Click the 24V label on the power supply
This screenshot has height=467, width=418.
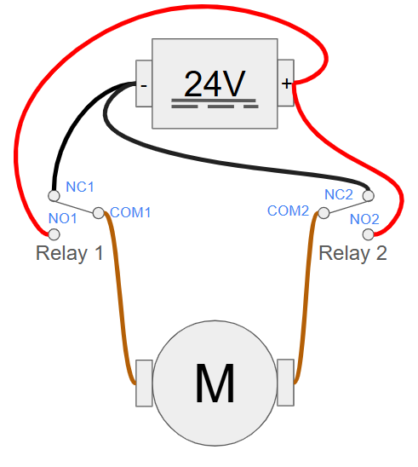pyautogui.click(x=215, y=84)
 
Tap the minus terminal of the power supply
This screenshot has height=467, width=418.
pyautogui.click(x=144, y=84)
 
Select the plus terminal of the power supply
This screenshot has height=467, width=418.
pyautogui.click(x=286, y=83)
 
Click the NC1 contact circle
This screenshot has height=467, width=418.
pyautogui.click(x=54, y=196)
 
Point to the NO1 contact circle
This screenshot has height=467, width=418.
pyautogui.click(x=54, y=234)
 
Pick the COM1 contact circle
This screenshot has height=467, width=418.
pyautogui.click(x=99, y=213)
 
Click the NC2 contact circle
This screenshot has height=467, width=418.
pyautogui.click(x=369, y=196)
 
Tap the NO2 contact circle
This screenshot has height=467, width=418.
pyautogui.click(x=369, y=234)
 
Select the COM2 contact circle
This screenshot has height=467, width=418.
pyautogui.click(x=324, y=213)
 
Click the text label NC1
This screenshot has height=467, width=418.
pyautogui.click(x=80, y=187)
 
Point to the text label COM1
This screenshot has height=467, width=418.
pyautogui.click(x=130, y=212)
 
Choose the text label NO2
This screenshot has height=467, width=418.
pyautogui.click(x=364, y=220)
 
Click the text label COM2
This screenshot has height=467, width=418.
pyautogui.click(x=288, y=210)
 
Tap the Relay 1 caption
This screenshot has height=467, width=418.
pyautogui.click(x=69, y=253)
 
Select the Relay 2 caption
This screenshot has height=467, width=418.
pyautogui.click(x=352, y=253)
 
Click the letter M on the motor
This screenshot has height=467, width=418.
pyautogui.click(x=215, y=383)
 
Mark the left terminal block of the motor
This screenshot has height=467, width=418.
pyautogui.click(x=144, y=383)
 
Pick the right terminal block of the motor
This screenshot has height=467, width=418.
pyautogui.click(x=285, y=383)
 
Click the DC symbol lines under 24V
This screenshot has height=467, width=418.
pyautogui.click(x=215, y=103)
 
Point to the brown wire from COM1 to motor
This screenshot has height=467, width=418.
pyautogui.click(x=119, y=297)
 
